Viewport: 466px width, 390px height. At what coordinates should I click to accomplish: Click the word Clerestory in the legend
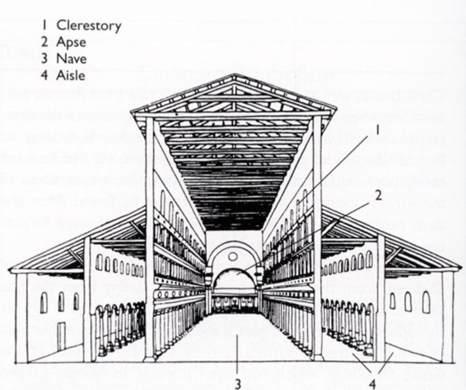(89, 26)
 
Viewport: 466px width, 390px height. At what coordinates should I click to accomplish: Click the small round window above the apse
(233, 256)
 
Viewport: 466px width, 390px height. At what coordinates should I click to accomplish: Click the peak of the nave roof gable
(233, 76)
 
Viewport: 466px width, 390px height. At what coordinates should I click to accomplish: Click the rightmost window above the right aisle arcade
(369, 259)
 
